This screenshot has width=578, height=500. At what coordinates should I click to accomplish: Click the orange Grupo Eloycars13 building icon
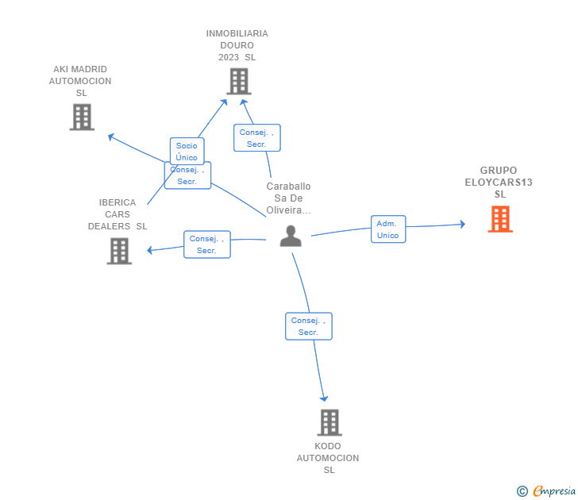point(500,219)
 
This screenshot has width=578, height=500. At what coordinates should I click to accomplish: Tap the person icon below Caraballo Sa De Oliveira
point(291,236)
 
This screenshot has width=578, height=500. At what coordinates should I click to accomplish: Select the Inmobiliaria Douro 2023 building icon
point(239,82)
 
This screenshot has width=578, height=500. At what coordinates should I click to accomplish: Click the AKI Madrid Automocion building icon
point(82,117)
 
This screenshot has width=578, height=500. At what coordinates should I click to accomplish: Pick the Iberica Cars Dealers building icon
point(119,251)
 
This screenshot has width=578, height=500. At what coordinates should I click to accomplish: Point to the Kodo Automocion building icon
point(329,422)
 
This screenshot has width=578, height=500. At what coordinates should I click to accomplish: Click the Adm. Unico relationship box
point(388,229)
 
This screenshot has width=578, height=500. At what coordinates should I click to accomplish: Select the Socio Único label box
point(187,151)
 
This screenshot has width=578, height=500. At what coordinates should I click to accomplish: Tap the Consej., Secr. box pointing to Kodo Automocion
point(309,326)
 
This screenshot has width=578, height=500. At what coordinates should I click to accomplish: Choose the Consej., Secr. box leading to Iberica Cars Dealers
point(206,244)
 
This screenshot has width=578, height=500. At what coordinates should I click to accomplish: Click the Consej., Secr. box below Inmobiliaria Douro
point(257,138)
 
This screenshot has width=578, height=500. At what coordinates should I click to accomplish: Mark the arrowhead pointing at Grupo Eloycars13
point(463,224)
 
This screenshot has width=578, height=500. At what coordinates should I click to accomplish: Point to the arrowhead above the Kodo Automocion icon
point(324,398)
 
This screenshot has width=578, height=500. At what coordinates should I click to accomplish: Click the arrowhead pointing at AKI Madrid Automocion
point(110,137)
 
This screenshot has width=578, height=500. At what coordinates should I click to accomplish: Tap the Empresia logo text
point(554,490)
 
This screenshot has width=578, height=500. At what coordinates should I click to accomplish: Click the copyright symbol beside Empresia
point(522,491)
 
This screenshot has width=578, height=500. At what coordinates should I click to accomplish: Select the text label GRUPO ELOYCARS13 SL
point(499,182)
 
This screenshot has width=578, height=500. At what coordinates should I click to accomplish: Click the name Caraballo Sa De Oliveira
point(288,198)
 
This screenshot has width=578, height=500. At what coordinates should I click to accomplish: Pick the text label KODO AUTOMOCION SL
point(328,458)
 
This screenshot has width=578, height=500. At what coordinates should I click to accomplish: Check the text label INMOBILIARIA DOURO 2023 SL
point(237,45)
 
